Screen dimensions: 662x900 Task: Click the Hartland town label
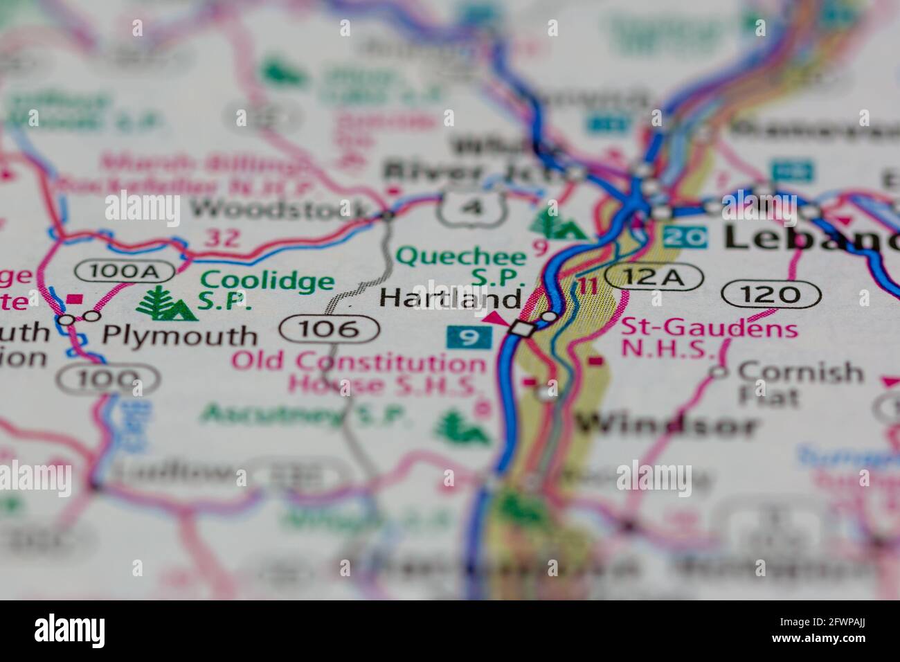450,299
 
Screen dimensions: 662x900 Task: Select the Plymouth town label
179,336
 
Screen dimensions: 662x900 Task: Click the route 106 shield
330,328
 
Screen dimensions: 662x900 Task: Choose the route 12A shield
653,277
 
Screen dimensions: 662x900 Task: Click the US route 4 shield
469,208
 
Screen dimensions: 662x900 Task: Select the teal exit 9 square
469,338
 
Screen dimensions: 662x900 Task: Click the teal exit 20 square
685,238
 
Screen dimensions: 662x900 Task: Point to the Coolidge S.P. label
267,290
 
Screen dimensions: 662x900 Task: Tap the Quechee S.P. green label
461,266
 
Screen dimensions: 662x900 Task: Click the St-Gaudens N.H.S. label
708,338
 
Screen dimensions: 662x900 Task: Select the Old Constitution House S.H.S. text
359,373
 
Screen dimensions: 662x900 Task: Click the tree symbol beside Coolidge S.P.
166,304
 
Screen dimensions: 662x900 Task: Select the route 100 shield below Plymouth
107,378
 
